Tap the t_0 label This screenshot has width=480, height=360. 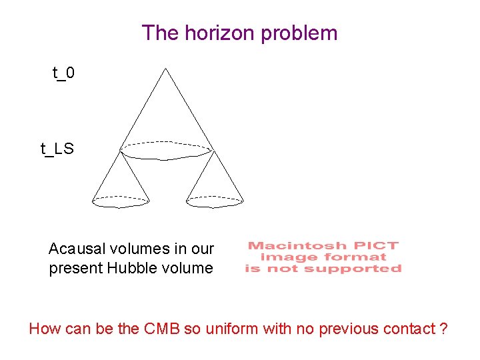[63, 72]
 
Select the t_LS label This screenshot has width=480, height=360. [57, 149]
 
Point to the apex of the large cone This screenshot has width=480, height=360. [165, 68]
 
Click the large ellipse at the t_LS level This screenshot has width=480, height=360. [166, 151]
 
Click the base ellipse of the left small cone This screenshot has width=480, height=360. [120, 201]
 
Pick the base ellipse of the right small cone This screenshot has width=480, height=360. [215, 201]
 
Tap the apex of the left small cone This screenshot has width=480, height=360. [121, 153]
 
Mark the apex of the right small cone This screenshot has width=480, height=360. [213, 152]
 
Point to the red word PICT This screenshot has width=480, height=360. [381, 245]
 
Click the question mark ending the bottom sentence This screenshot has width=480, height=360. [444, 328]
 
